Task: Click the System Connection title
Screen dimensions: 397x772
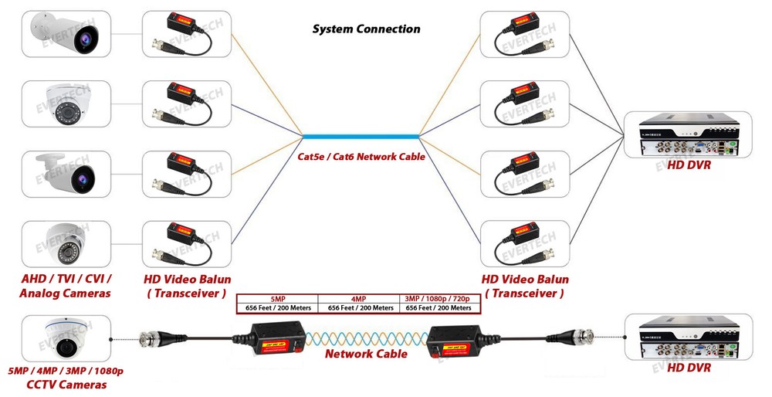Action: click(366, 29)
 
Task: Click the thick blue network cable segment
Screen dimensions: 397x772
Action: click(361, 137)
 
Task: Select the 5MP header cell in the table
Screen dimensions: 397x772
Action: click(277, 299)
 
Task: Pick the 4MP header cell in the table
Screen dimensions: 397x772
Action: click(359, 299)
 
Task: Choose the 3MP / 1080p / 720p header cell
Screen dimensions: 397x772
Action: click(438, 299)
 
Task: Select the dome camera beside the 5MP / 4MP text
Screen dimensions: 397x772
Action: click(65, 338)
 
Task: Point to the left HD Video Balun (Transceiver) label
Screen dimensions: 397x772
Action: click(187, 286)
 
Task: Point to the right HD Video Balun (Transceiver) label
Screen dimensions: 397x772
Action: click(525, 286)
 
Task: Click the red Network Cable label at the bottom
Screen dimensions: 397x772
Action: click(366, 354)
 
